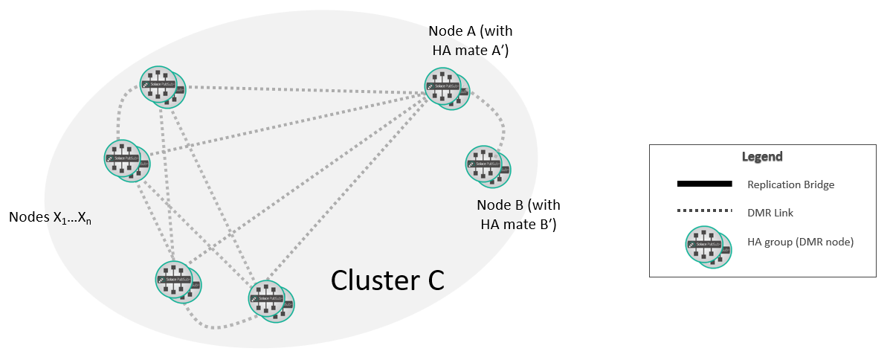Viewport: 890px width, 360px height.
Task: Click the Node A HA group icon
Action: (447, 89)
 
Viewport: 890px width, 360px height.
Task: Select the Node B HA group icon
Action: (488, 166)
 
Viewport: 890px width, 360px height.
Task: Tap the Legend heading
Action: (762, 157)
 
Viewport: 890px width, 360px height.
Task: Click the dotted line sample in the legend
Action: (704, 213)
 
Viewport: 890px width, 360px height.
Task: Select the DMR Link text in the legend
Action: (770, 213)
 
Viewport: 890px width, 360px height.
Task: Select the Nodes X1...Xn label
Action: (50, 218)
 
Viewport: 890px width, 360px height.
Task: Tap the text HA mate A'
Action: (470, 51)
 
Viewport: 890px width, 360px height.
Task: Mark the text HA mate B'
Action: (518, 223)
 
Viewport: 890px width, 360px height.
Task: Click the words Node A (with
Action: (470, 32)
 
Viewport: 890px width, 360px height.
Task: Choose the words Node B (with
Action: (518, 205)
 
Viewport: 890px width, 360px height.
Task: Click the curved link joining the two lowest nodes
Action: (216, 326)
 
